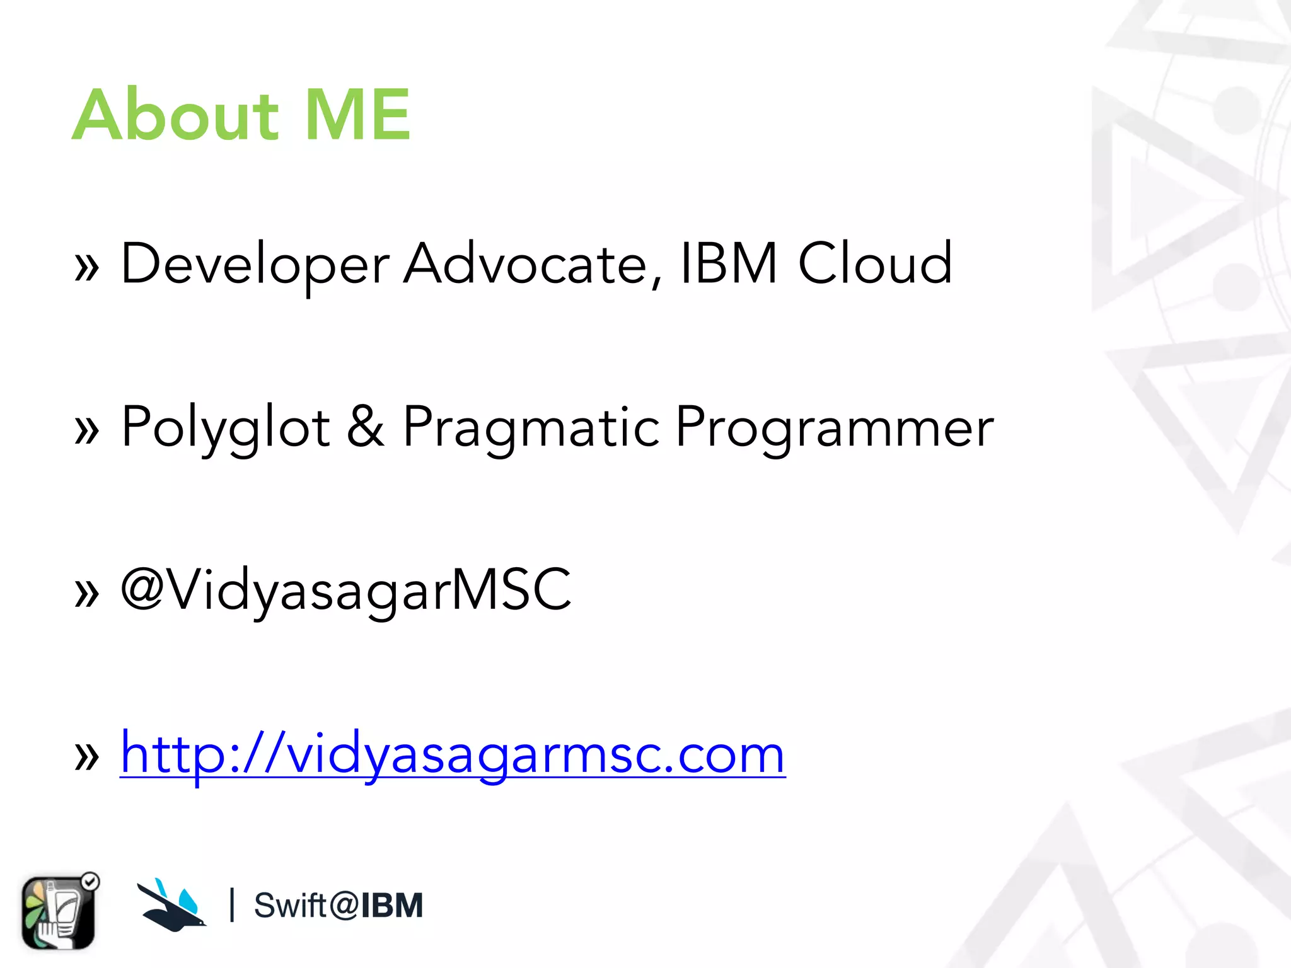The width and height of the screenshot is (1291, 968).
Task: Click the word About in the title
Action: (x=175, y=115)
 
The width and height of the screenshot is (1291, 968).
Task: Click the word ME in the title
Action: (x=357, y=115)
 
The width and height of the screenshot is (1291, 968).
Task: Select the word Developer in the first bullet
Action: (x=255, y=265)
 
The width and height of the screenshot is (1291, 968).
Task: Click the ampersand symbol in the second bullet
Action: (x=366, y=427)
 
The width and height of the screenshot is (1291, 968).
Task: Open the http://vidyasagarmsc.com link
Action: (x=452, y=754)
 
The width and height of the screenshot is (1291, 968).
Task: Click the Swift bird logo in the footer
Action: (x=171, y=906)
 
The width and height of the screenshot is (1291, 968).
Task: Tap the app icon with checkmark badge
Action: (x=59, y=912)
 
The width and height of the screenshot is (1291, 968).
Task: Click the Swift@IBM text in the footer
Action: (x=338, y=906)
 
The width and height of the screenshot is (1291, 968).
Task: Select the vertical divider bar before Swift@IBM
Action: (x=233, y=905)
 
